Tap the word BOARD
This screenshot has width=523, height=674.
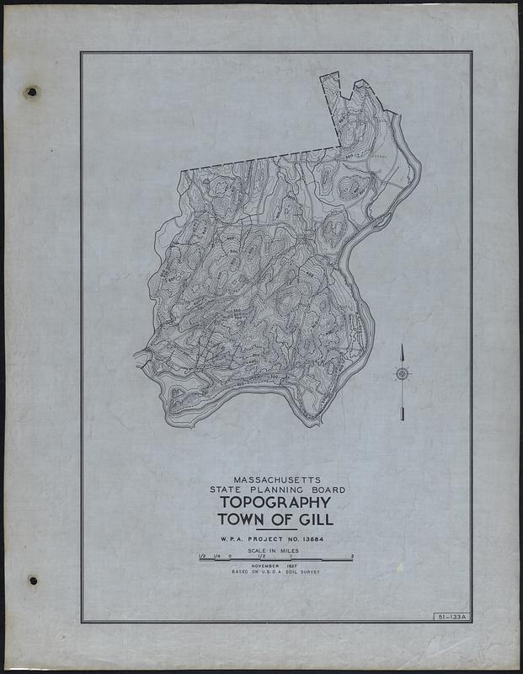pyautogui.click(x=325, y=489)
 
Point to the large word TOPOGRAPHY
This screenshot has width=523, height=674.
pyautogui.click(x=276, y=503)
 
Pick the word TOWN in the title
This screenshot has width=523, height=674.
pyautogui.click(x=239, y=519)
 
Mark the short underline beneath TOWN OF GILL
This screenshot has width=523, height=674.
pyautogui.click(x=276, y=529)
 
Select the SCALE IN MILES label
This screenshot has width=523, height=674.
pyautogui.click(x=276, y=550)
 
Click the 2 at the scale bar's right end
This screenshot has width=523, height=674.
pyautogui.click(x=352, y=556)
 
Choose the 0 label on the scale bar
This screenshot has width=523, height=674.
pyautogui.click(x=230, y=556)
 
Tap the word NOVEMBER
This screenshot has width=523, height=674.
pyautogui.click(x=268, y=566)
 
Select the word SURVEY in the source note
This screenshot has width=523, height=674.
pyautogui.click(x=310, y=572)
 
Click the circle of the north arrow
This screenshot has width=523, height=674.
pyautogui.click(x=403, y=374)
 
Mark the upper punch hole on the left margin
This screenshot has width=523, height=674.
pyautogui.click(x=32, y=92)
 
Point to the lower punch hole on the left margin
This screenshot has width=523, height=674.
pyautogui.click(x=32, y=580)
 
